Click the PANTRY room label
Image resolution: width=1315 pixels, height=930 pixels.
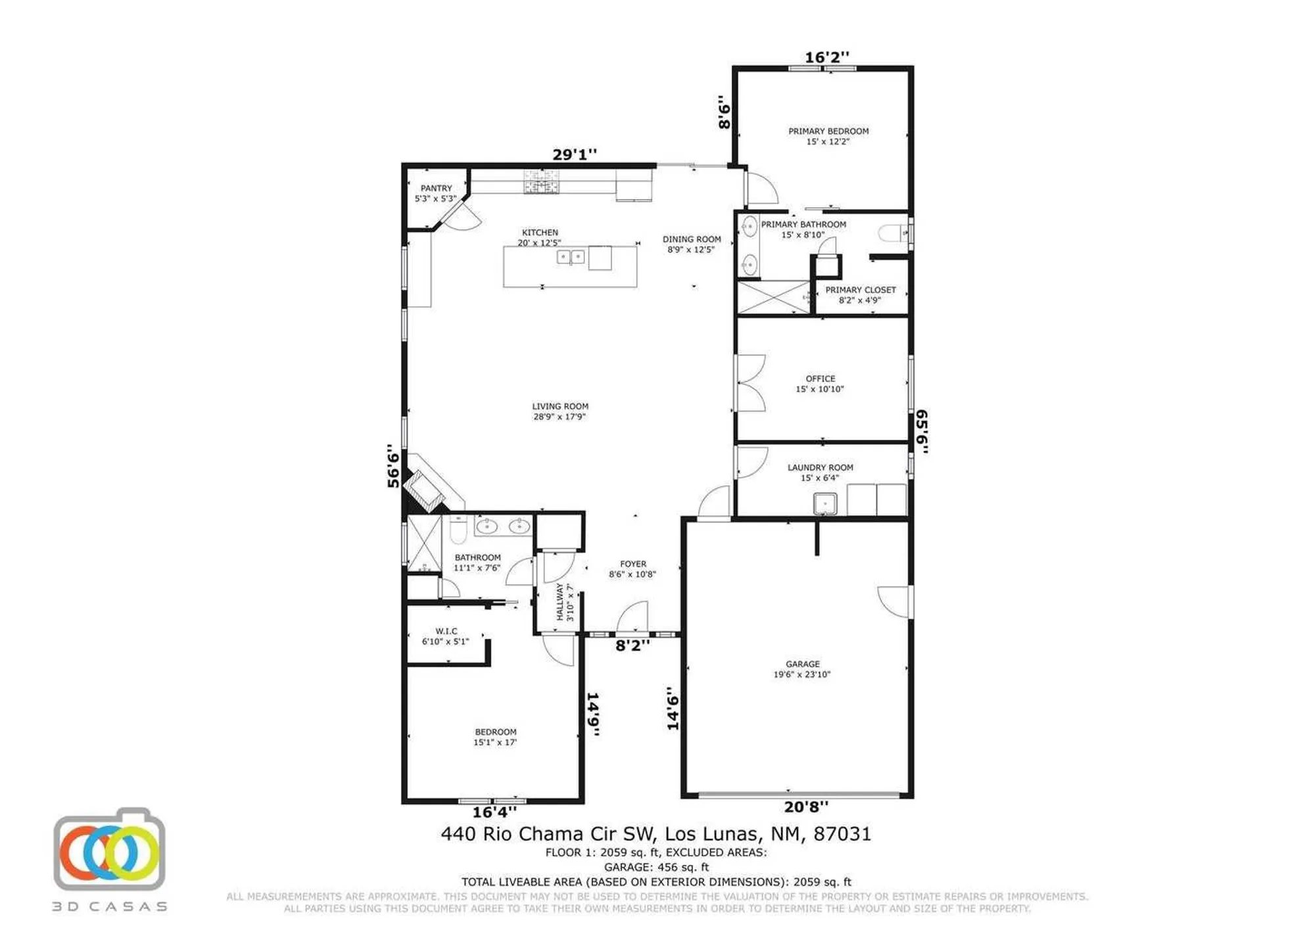click(436, 193)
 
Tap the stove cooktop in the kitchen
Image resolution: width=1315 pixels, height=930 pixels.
click(541, 182)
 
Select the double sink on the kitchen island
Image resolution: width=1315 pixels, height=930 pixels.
click(570, 257)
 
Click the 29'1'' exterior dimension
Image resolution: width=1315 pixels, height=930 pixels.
click(574, 154)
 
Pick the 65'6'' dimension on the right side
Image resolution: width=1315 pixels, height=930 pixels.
click(922, 431)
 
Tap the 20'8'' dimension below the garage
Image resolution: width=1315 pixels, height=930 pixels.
click(805, 806)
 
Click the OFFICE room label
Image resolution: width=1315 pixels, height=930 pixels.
click(820, 384)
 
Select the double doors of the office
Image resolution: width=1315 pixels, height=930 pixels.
click(750, 383)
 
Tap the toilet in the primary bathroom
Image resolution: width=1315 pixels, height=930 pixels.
click(893, 233)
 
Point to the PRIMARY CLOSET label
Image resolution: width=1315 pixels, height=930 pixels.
click(860, 294)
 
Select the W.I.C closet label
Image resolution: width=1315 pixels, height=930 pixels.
click(446, 636)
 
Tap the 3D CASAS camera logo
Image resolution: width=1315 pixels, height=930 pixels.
click(109, 852)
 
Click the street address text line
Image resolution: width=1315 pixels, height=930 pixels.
click(656, 834)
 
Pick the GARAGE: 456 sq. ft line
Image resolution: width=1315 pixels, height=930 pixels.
click(656, 867)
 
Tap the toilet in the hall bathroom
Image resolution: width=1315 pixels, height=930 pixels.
click(458, 530)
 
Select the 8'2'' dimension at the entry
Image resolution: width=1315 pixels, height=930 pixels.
click(632, 645)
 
